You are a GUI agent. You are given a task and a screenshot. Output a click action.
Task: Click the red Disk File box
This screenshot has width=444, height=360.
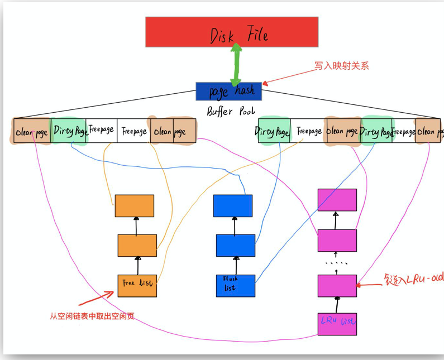232,32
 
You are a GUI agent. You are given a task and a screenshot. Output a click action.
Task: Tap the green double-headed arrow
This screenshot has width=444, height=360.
237,64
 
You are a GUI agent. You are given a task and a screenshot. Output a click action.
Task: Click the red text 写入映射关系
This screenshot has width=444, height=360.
341,66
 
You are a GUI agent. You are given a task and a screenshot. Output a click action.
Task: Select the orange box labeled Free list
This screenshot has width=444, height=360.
137,285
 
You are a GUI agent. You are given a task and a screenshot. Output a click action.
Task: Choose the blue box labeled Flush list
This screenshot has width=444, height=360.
235,285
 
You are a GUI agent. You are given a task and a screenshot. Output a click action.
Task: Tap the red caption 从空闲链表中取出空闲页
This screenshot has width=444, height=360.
92,316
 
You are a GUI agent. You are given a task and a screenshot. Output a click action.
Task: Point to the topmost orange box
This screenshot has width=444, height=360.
134,206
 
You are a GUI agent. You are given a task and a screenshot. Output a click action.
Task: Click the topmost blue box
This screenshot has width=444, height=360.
233,205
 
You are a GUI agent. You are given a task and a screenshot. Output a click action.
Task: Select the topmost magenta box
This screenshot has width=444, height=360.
337,200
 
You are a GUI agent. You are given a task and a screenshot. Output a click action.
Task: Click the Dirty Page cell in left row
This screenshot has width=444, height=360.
69,131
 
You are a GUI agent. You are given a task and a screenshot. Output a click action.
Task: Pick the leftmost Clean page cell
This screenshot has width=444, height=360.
32,132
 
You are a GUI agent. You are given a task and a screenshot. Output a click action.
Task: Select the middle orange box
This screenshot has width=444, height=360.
137,246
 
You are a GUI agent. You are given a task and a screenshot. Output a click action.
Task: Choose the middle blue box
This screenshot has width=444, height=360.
235,246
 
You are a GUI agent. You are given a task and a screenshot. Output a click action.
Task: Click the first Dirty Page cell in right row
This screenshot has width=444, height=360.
274,131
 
